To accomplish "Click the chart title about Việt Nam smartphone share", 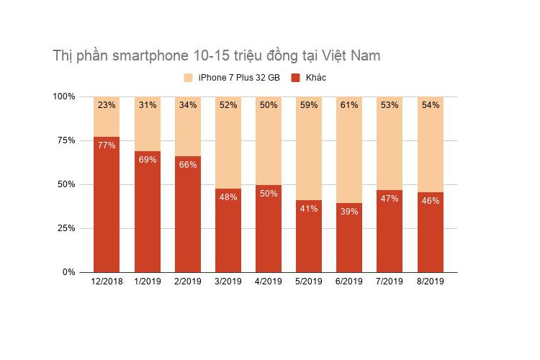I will [x=216, y=55].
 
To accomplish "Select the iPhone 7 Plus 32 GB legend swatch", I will [x=189, y=78].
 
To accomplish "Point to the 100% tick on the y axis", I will [x=63, y=96].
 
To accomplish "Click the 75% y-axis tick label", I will [x=65, y=140].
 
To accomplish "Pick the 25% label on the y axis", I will [x=65, y=228].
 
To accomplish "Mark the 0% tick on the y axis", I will [x=68, y=272].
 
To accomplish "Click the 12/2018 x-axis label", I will [x=107, y=282].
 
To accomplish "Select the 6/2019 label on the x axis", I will [x=349, y=282].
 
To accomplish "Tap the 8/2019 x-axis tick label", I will [x=431, y=282].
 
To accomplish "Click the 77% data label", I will [x=107, y=145].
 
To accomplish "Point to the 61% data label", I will [x=349, y=105].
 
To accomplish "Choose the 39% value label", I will [x=349, y=211].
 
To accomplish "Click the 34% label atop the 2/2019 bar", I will [x=187, y=105].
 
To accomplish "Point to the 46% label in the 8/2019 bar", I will [x=431, y=200].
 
